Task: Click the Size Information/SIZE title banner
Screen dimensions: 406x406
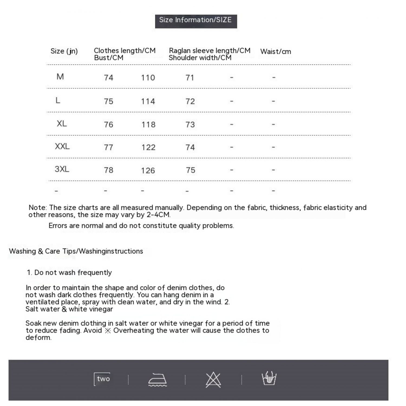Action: [x=196, y=21]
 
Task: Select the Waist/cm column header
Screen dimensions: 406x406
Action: [x=276, y=51]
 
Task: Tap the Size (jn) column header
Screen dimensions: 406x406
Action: [x=64, y=51]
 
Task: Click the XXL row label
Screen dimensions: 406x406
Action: [x=62, y=146]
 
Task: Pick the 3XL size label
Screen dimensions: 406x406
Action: [x=62, y=169]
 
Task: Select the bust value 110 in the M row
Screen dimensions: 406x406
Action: [x=148, y=78]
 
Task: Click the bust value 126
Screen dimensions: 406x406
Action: [x=148, y=171]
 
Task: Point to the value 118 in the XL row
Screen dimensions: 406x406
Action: [x=148, y=125]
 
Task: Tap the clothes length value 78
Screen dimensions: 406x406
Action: [x=109, y=170]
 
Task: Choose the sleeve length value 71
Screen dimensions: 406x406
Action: [x=190, y=78]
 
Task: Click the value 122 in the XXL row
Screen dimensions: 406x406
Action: [x=148, y=147]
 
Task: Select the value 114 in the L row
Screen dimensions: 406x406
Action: [x=148, y=101]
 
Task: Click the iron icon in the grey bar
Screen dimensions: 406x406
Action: [x=158, y=379]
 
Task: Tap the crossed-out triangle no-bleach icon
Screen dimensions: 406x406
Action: [x=213, y=379]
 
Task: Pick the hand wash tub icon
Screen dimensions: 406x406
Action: [x=269, y=378]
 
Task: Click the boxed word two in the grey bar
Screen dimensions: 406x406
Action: [x=103, y=379]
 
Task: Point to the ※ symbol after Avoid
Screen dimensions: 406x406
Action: [x=108, y=331]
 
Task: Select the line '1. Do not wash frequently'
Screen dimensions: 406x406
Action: [x=69, y=273]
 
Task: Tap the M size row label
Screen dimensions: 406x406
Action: [x=60, y=77]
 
